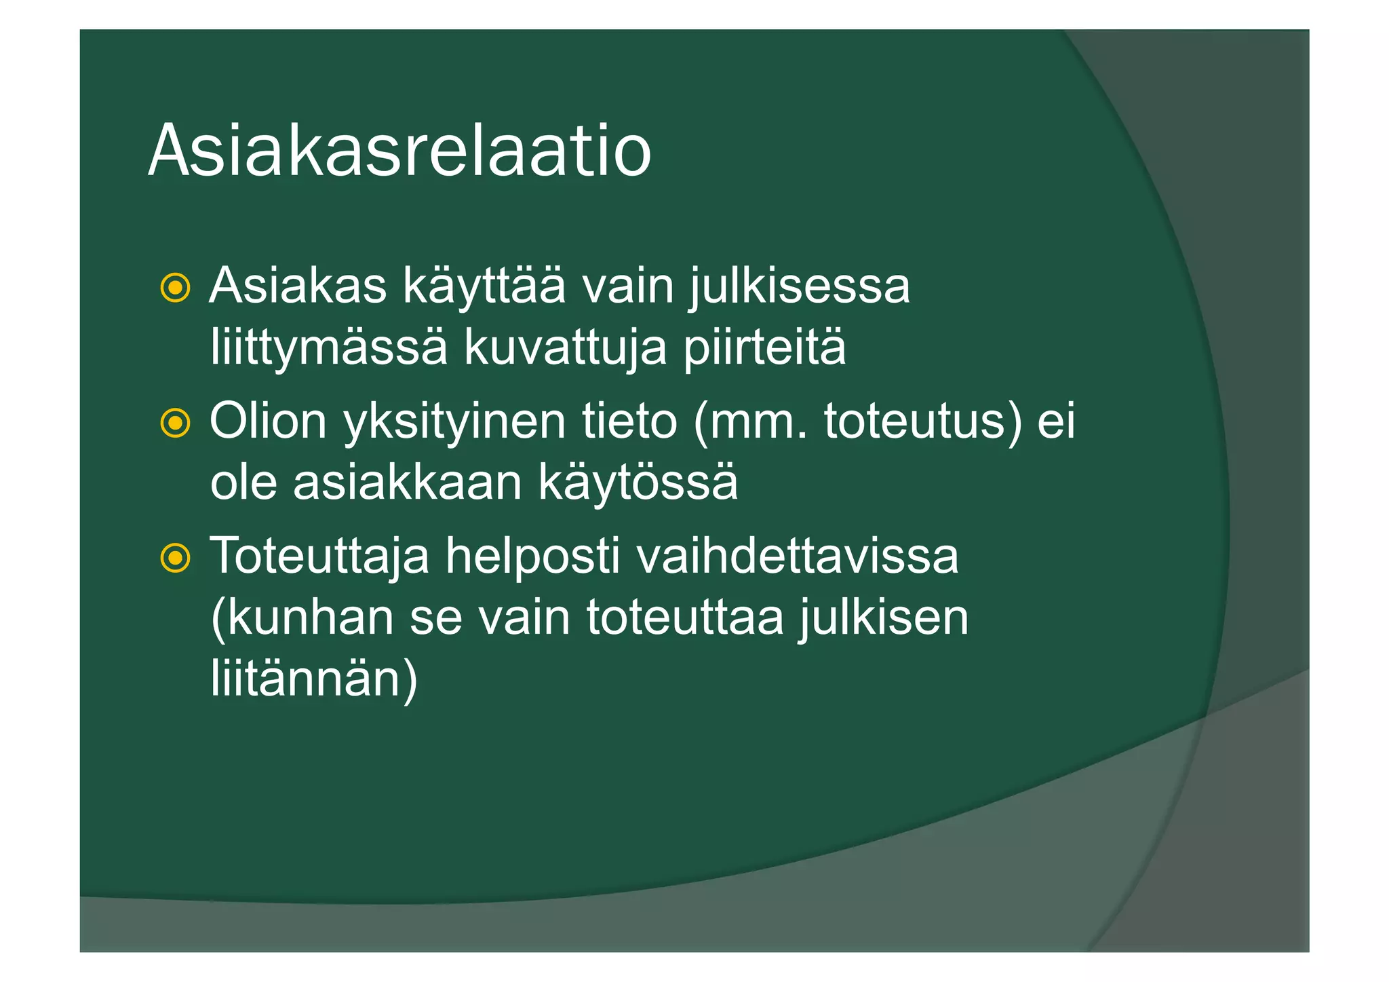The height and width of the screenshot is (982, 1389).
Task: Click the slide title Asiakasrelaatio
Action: pos(399,151)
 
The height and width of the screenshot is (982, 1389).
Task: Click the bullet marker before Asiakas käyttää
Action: pos(175,288)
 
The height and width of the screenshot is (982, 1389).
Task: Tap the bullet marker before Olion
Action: pos(175,423)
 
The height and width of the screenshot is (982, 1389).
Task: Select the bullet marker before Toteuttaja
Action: pos(175,559)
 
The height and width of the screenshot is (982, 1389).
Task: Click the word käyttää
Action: pos(484,287)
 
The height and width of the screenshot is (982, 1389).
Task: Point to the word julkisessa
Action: pos(800,287)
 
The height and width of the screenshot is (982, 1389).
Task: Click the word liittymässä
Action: pos(329,348)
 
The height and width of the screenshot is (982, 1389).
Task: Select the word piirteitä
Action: pos(764,347)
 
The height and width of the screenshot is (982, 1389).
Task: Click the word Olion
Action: pos(269,421)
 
